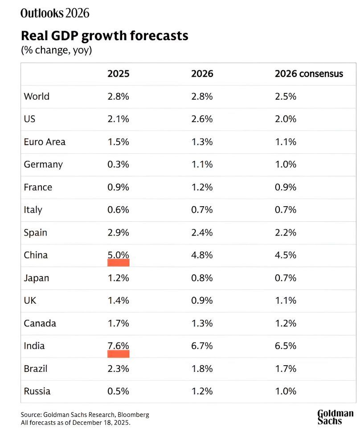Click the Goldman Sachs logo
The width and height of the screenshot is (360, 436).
[x=335, y=417]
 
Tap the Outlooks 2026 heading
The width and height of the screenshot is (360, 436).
[x=55, y=13]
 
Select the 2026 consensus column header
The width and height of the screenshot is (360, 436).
[x=309, y=73]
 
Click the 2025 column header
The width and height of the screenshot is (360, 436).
[x=118, y=73]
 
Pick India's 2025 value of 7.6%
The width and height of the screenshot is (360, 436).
[x=118, y=346]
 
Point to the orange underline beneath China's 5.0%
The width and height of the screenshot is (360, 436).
[x=119, y=263]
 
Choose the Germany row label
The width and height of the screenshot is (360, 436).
[x=43, y=164]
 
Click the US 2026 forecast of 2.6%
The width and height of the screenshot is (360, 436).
[x=202, y=119]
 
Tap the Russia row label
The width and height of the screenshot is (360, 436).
[x=37, y=391]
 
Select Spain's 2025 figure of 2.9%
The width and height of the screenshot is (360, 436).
[x=118, y=232]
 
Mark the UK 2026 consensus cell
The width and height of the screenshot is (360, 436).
[x=286, y=300]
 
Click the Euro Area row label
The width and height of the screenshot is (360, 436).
[x=45, y=142]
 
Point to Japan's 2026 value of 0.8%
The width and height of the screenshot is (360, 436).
[x=202, y=278]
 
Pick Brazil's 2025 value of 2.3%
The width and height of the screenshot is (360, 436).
[x=118, y=369]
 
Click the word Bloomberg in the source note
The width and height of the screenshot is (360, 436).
[x=134, y=415]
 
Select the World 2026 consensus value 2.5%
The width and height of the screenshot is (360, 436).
[x=286, y=96]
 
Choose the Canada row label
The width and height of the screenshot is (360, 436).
[x=40, y=323]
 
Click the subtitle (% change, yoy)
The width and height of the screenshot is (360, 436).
[x=57, y=50]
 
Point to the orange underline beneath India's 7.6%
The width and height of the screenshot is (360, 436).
[x=119, y=354]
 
